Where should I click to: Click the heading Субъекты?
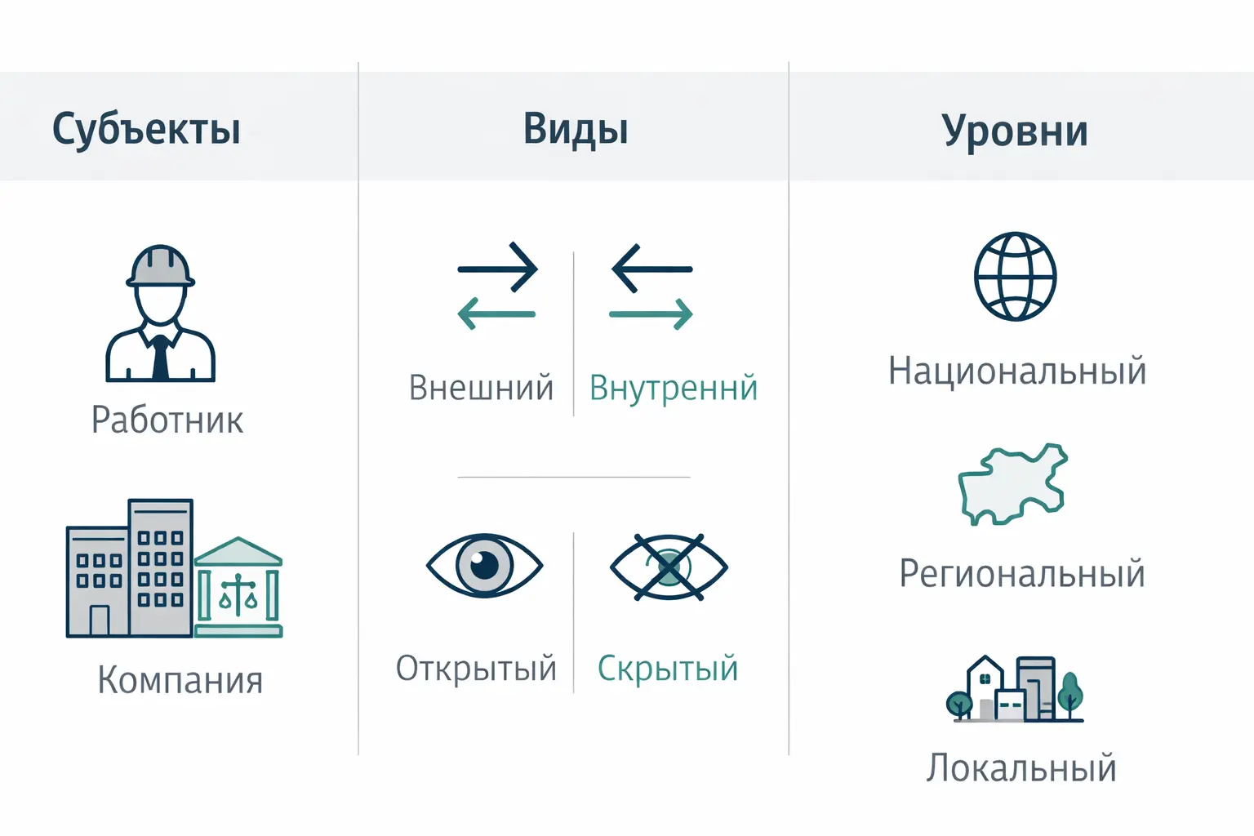(x=146, y=129)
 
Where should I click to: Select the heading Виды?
(x=576, y=129)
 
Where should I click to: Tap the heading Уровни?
(x=1015, y=131)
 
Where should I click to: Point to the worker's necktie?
(x=161, y=359)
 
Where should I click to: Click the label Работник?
(x=167, y=420)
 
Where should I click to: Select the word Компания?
(x=180, y=680)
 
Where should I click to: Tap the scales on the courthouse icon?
(x=238, y=594)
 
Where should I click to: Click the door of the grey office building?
(x=99, y=620)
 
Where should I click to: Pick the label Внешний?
(x=481, y=388)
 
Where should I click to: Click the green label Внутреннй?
(x=674, y=389)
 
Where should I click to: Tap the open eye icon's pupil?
(x=484, y=563)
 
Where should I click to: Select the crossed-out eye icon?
(x=669, y=567)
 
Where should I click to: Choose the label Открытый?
(x=476, y=669)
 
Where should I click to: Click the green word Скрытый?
(x=668, y=669)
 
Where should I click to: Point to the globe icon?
(x=1015, y=277)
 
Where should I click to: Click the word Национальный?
(x=1017, y=371)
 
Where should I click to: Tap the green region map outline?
(x=1012, y=483)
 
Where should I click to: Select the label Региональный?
(x=1022, y=574)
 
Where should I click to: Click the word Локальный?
(x=1021, y=768)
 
